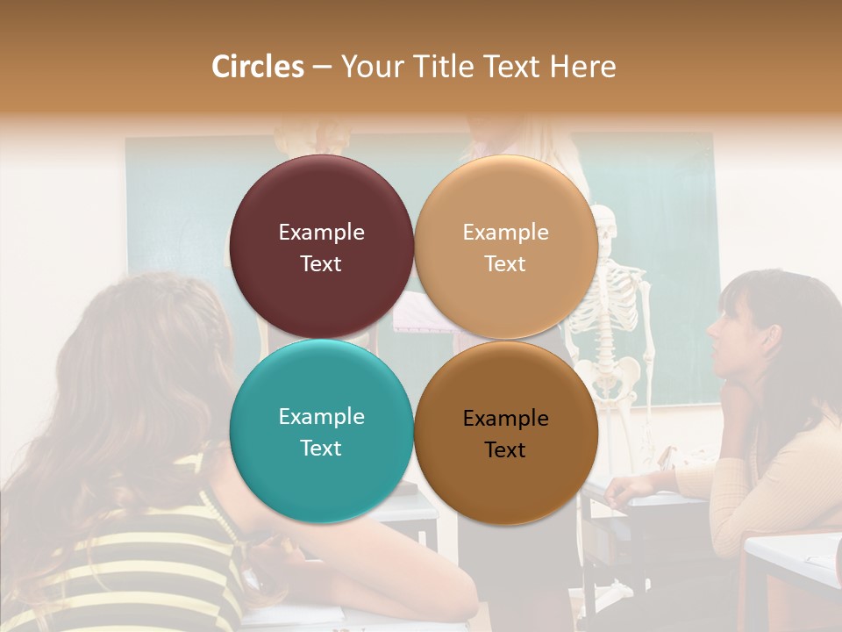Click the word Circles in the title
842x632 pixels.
pyautogui.click(x=257, y=67)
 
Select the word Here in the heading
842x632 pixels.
pyautogui.click(x=582, y=67)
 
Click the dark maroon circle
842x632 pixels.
pyautogui.click(x=321, y=247)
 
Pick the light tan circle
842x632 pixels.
pyautogui.click(x=506, y=247)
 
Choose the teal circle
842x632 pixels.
pyautogui.click(x=321, y=431)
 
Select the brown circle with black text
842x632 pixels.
pyautogui.click(x=506, y=433)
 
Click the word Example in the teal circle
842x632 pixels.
pyautogui.click(x=321, y=416)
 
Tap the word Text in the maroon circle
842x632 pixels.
pyautogui.click(x=321, y=264)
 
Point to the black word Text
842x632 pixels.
pyautogui.click(x=505, y=450)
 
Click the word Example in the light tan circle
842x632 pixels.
pyautogui.click(x=505, y=233)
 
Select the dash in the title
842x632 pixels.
pyautogui.click(x=321, y=67)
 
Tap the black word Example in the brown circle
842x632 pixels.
pyautogui.click(x=505, y=419)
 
